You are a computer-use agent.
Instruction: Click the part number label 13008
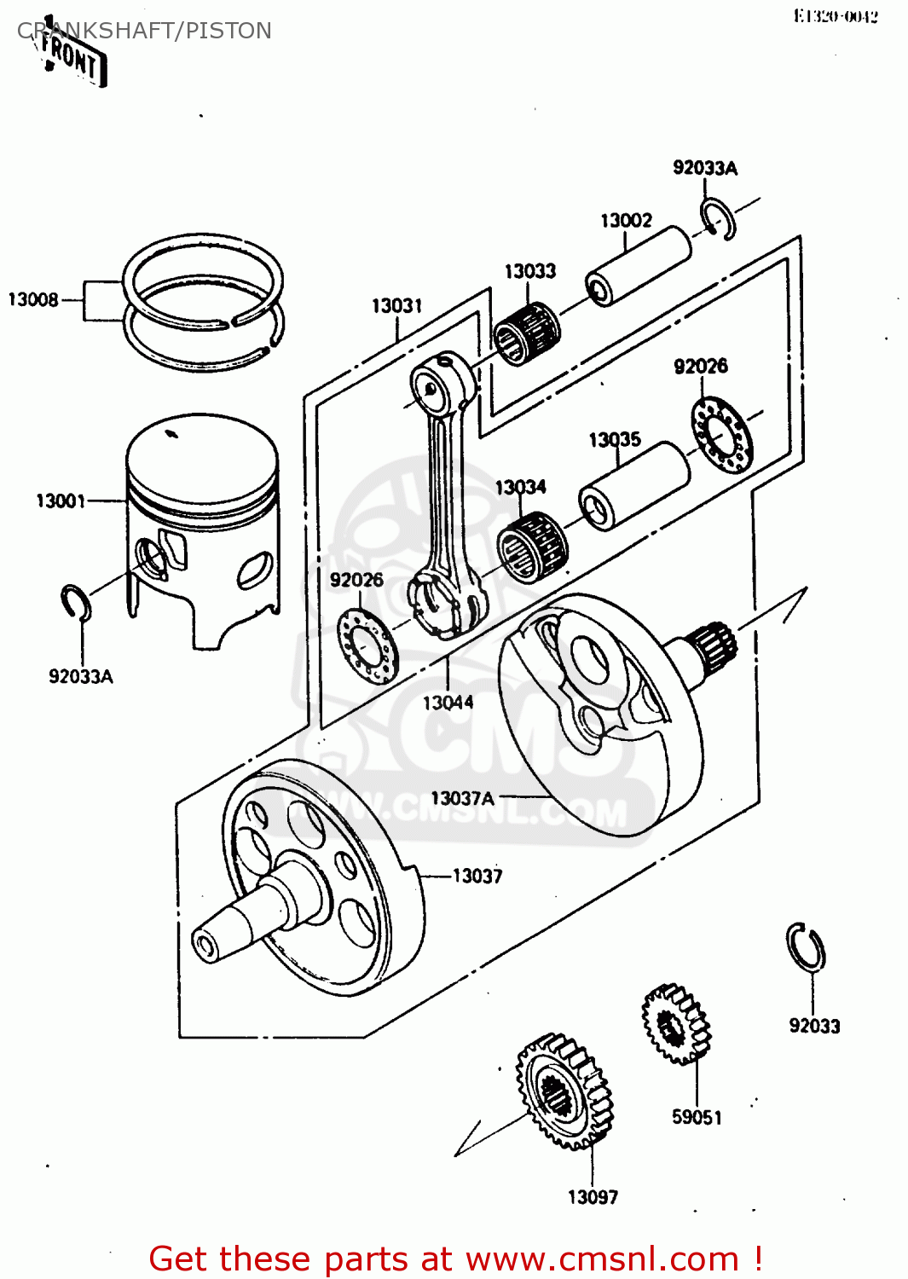point(33,299)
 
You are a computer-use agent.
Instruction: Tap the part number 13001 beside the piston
point(61,501)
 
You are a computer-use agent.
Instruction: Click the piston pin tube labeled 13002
point(639,265)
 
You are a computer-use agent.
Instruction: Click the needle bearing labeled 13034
point(532,546)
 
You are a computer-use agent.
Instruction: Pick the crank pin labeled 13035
point(634,486)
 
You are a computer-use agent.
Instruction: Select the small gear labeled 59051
point(676,1024)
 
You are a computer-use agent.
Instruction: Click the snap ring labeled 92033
point(805,947)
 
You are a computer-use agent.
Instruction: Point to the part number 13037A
point(462,798)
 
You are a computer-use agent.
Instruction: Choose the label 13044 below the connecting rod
point(448,703)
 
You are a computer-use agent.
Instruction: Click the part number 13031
point(396,305)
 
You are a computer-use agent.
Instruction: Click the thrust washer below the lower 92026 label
point(368,646)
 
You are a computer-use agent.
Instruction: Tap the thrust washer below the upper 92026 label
point(722,435)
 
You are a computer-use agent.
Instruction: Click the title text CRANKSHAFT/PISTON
point(144,31)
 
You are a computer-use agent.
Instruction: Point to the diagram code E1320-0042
point(835,16)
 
